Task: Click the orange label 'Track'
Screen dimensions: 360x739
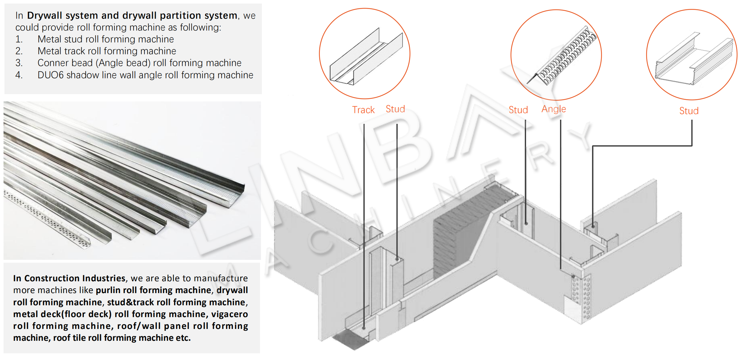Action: click(x=363, y=110)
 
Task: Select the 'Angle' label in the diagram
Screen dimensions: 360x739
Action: click(x=554, y=109)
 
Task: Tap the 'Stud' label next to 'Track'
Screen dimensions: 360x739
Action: click(x=395, y=109)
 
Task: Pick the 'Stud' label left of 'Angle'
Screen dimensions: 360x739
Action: click(x=518, y=110)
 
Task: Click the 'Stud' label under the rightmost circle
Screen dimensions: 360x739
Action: click(x=689, y=111)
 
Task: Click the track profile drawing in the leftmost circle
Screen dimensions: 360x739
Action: click(x=365, y=59)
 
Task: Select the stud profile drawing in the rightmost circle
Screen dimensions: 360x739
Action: click(x=693, y=59)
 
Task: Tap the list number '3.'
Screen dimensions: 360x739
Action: click(x=19, y=63)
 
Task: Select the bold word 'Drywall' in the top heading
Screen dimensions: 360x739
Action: click(x=45, y=15)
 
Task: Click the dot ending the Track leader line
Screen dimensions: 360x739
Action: click(x=364, y=328)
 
